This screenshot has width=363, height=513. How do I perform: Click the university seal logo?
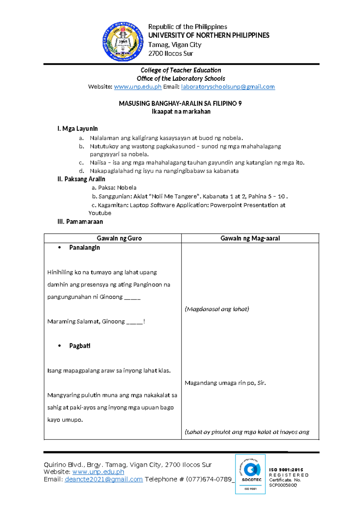[x=123, y=41]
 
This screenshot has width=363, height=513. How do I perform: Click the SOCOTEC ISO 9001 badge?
[x=250, y=474]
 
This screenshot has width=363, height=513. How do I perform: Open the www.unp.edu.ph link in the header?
[x=138, y=87]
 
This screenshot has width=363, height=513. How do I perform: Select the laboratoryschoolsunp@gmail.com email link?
[x=228, y=87]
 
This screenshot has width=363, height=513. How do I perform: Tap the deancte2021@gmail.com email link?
[x=103, y=479]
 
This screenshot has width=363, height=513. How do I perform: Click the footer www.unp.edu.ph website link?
[x=98, y=472]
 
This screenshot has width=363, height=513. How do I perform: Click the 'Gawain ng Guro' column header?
[x=119, y=238]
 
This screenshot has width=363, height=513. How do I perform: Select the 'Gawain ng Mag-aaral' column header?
[x=250, y=238]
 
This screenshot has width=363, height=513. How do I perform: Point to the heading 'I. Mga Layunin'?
[x=77, y=129]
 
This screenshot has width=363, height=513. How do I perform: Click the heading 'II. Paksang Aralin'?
[x=81, y=179]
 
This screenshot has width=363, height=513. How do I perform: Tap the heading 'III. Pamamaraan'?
[x=80, y=222]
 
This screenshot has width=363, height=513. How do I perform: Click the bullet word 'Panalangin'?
[x=84, y=247]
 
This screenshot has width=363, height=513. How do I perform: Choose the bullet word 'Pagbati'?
[x=80, y=346]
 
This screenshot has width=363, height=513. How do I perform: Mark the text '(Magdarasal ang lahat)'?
[x=217, y=309]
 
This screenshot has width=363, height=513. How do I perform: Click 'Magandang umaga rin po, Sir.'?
[x=225, y=383]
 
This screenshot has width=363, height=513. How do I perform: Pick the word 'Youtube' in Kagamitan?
[x=100, y=213]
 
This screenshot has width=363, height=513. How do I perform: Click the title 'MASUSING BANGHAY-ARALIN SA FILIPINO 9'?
[x=180, y=103]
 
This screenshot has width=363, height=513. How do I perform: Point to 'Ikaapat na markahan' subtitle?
[x=181, y=112]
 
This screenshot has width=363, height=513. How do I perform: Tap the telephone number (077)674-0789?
[x=209, y=479]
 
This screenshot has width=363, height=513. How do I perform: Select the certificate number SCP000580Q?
[x=283, y=485]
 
